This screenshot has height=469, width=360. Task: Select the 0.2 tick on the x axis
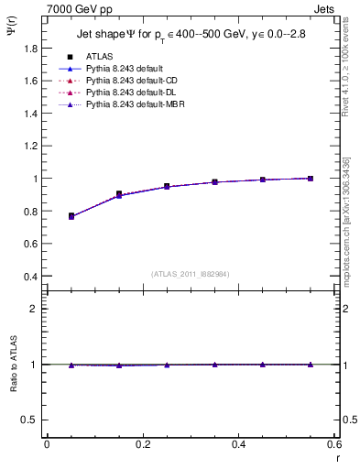(143, 446)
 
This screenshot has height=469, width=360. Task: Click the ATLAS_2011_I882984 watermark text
(190, 273)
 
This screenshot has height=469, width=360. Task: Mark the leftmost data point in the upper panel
(71, 216)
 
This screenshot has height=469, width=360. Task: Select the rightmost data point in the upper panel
(311, 179)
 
